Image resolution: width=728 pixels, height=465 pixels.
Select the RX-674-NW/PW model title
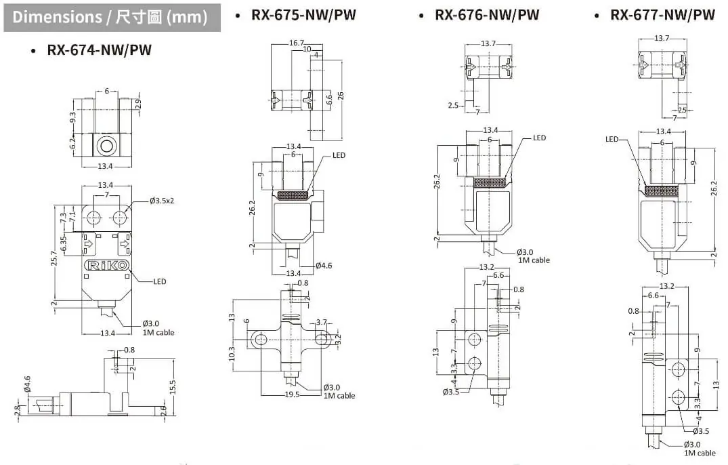[x=99, y=50]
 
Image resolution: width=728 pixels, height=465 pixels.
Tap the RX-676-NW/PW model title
[x=486, y=15]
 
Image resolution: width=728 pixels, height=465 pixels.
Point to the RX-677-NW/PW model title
[x=662, y=15]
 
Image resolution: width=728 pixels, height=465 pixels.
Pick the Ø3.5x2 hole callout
[x=162, y=201]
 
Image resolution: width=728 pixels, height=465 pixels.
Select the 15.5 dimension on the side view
[x=173, y=387]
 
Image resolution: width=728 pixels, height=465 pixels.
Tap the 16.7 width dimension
[x=297, y=43]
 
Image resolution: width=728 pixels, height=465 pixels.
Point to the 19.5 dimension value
[x=292, y=395]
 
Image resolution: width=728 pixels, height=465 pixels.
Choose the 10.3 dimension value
[x=232, y=353]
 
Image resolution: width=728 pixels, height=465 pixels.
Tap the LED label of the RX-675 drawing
[x=339, y=155]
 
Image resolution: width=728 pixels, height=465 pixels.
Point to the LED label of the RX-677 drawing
[x=612, y=139]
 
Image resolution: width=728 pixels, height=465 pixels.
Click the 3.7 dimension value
[x=322, y=323]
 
